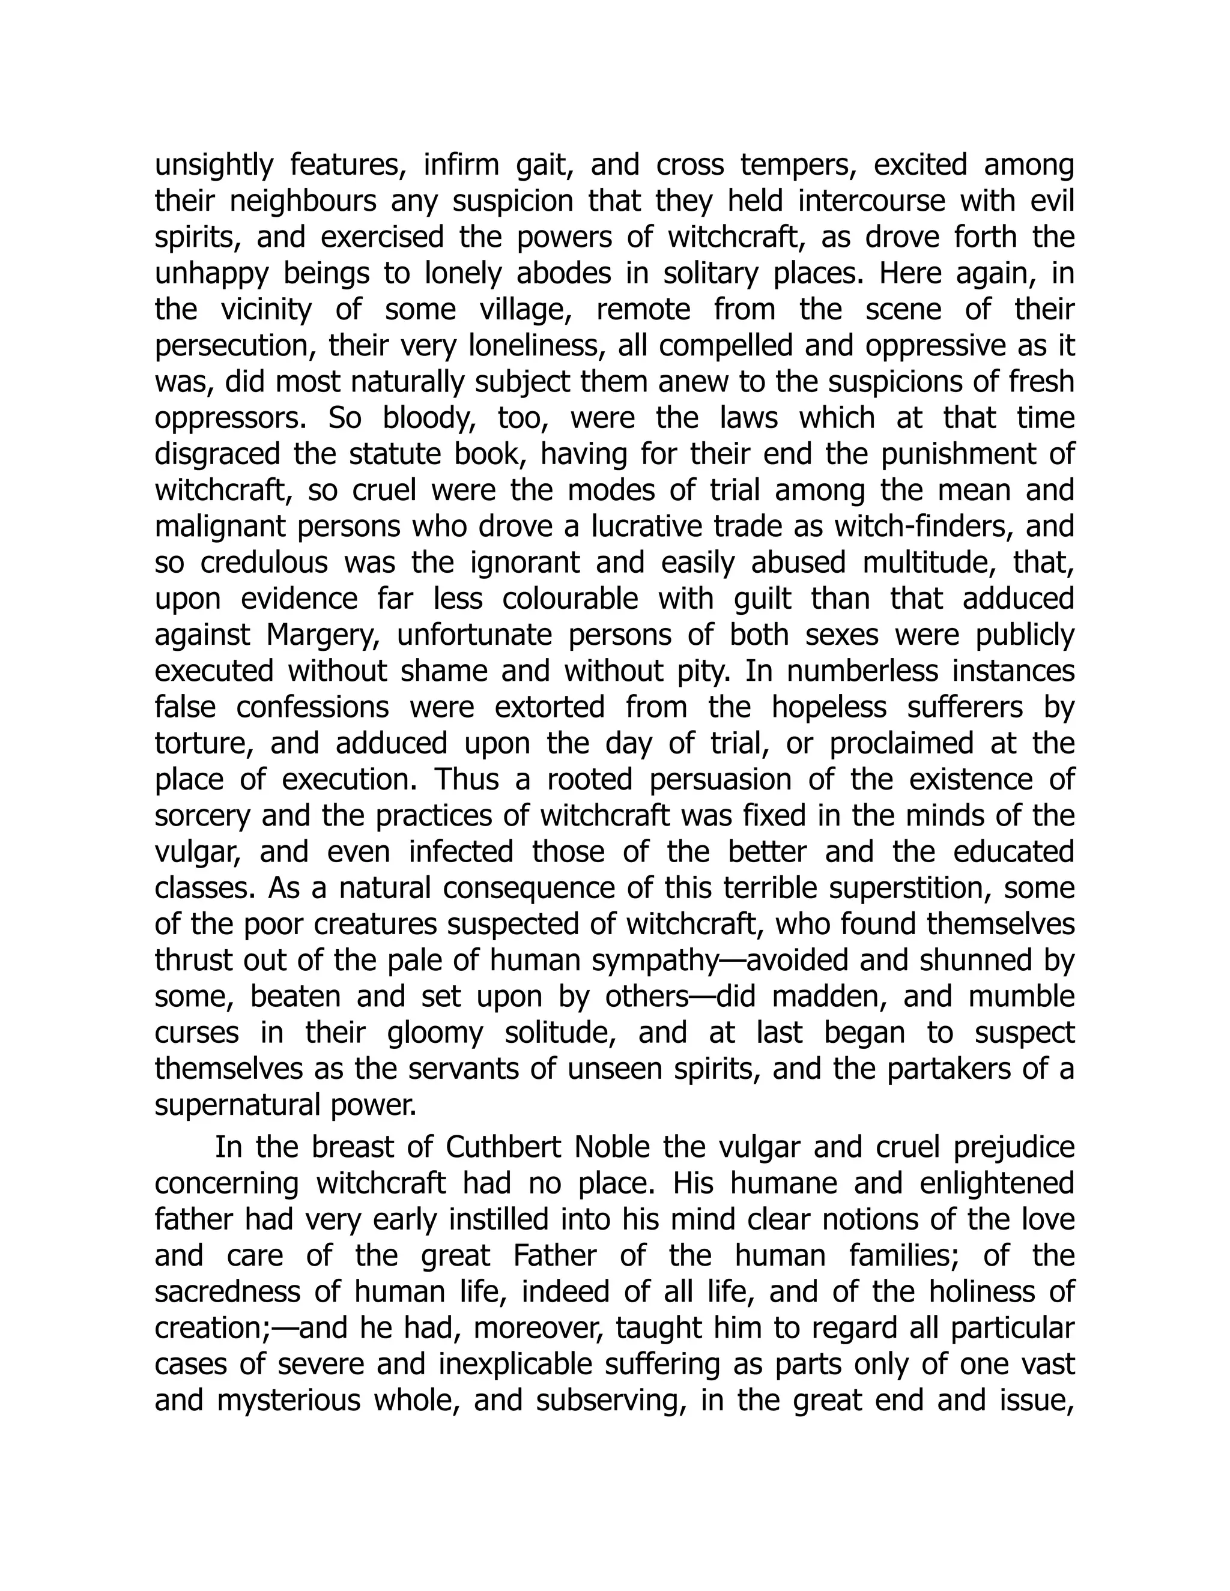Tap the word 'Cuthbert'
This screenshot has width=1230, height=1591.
tap(502, 1147)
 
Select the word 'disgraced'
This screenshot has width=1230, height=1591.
tap(218, 454)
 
